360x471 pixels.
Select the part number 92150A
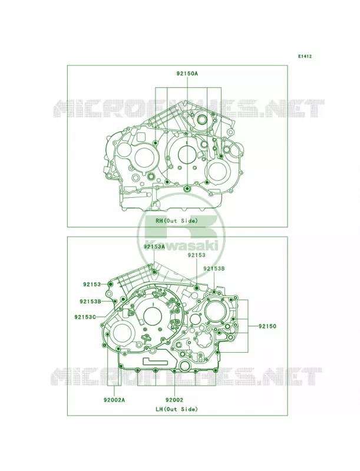point(187,73)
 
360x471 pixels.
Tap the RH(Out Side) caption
point(176,221)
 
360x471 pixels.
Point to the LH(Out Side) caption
point(176,409)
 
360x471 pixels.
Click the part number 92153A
point(154,247)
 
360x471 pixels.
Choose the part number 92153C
point(85,316)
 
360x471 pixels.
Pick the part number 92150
point(267,326)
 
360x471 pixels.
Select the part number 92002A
point(114,400)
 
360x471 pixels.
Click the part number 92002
point(174,400)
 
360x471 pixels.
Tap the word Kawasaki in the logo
point(181,246)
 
